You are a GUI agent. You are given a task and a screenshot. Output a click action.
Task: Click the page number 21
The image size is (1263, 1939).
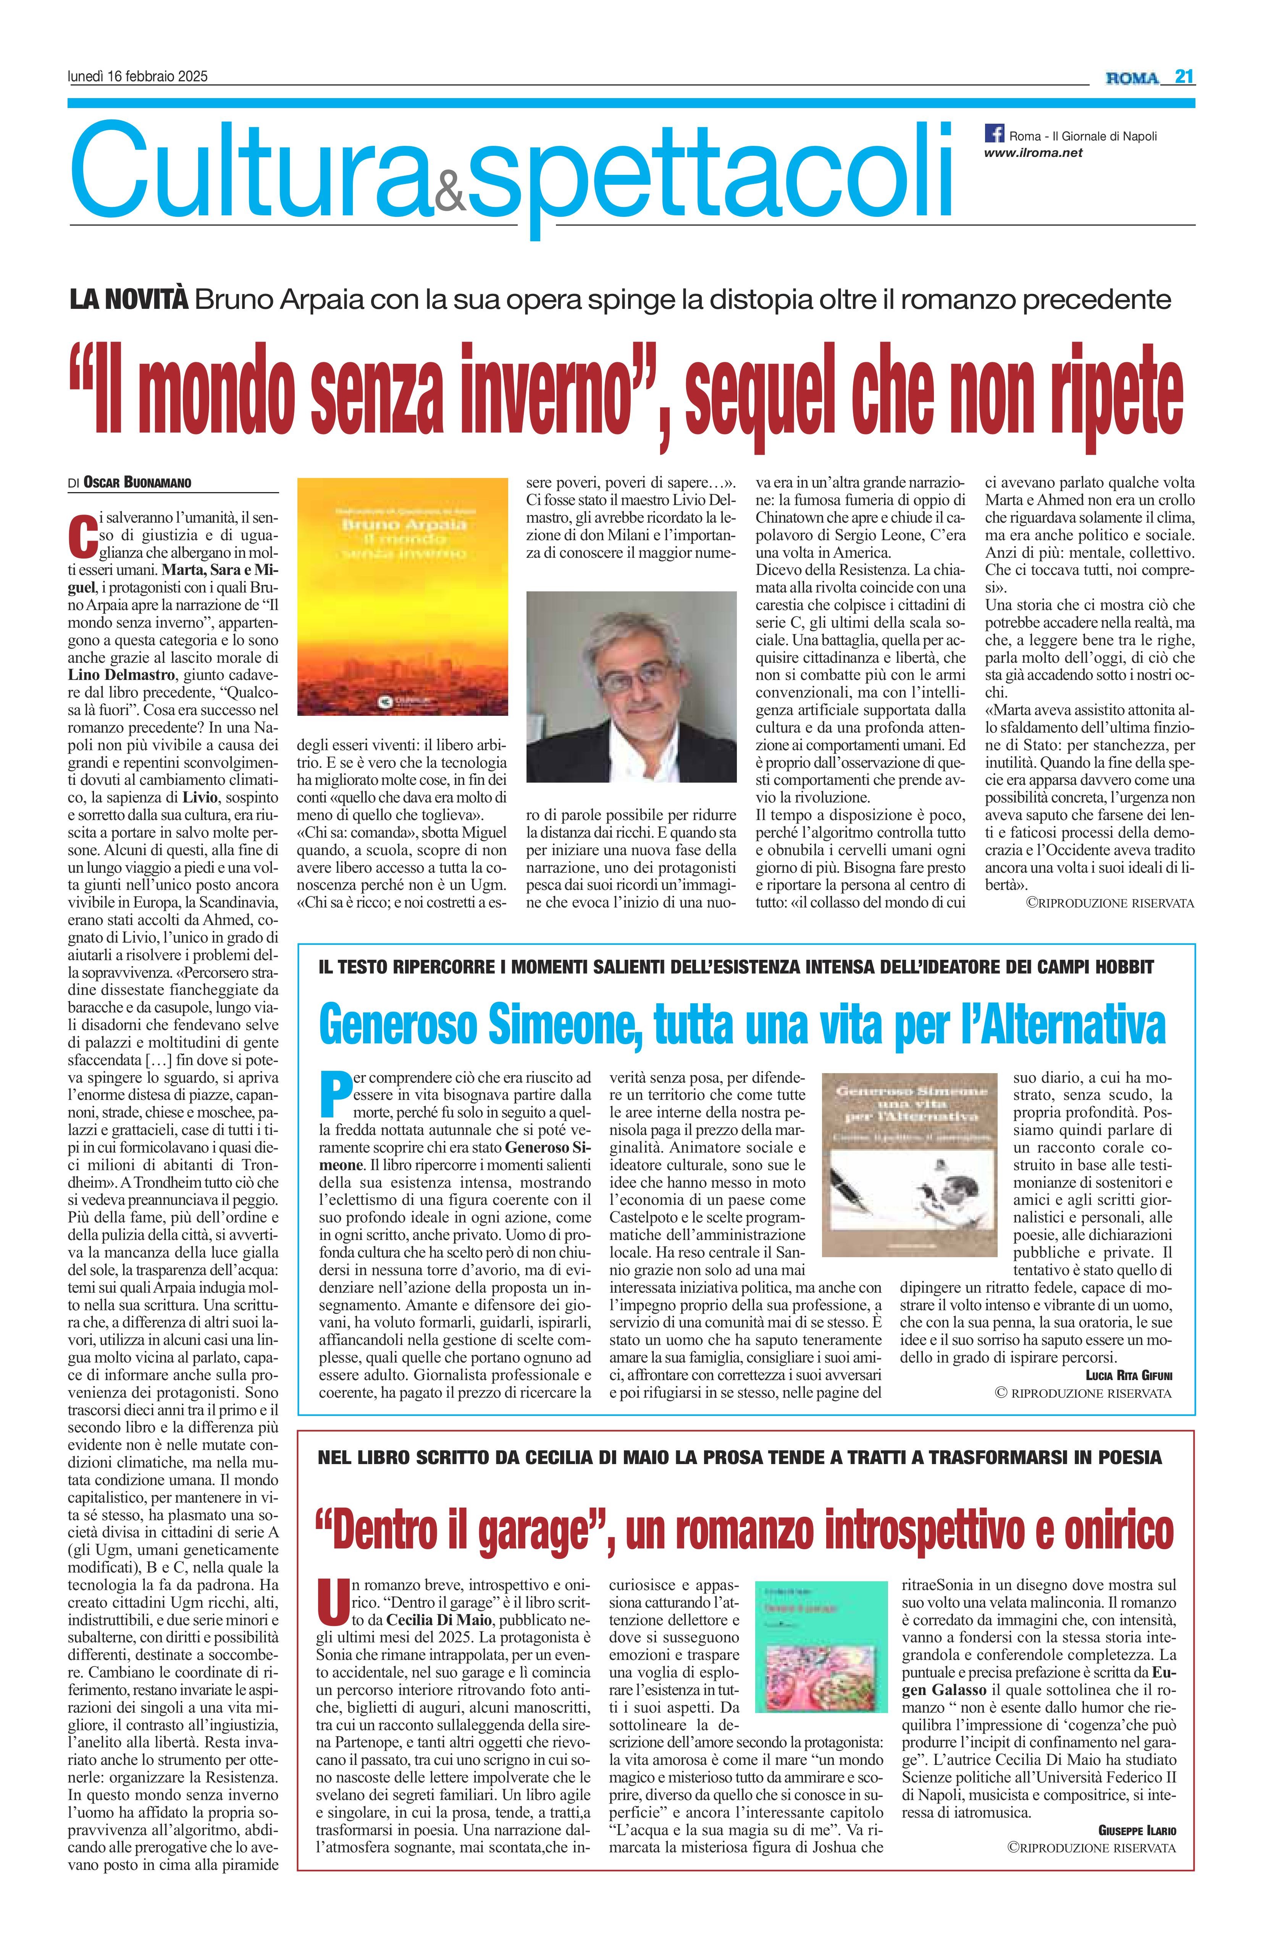tap(1184, 77)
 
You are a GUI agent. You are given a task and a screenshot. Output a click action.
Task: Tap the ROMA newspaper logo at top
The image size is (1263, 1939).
tap(1132, 78)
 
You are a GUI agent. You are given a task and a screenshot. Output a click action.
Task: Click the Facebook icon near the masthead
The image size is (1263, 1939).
tap(994, 133)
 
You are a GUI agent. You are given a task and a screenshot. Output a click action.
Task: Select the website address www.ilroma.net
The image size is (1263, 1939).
tap(1033, 152)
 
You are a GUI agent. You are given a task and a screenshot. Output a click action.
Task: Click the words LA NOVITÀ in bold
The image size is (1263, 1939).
tap(129, 300)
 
